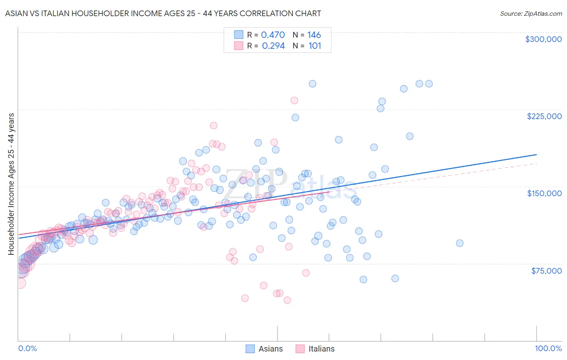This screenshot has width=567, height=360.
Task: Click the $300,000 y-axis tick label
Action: tap(543, 39)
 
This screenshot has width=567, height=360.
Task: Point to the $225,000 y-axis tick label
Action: tap(544, 116)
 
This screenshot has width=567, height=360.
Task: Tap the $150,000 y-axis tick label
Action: tap(544, 193)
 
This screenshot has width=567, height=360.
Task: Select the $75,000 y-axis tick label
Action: tap(546, 271)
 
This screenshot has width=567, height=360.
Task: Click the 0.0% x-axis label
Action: tap(27, 349)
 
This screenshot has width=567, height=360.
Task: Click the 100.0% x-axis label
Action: tap(548, 349)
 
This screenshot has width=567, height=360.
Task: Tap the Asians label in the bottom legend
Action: tap(270, 349)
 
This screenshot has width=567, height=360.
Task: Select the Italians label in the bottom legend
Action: tap(321, 349)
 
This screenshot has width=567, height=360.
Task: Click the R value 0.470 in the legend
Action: tap(273, 35)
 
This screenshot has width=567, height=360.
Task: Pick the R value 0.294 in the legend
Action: tap(273, 46)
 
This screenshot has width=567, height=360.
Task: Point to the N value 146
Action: tap(314, 35)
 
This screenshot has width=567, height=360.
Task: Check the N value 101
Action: tap(315, 46)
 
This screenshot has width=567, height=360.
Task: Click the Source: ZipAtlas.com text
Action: tap(531, 14)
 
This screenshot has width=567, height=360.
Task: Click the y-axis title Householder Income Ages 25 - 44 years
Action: tap(11, 184)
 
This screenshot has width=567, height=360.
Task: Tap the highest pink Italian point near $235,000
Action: tap(294, 100)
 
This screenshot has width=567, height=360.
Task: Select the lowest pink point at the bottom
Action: tap(287, 300)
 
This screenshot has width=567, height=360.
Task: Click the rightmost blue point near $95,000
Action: tap(459, 243)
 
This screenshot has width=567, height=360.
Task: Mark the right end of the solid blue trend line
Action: tap(536, 155)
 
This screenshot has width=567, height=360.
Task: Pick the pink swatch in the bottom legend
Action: tap(300, 349)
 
